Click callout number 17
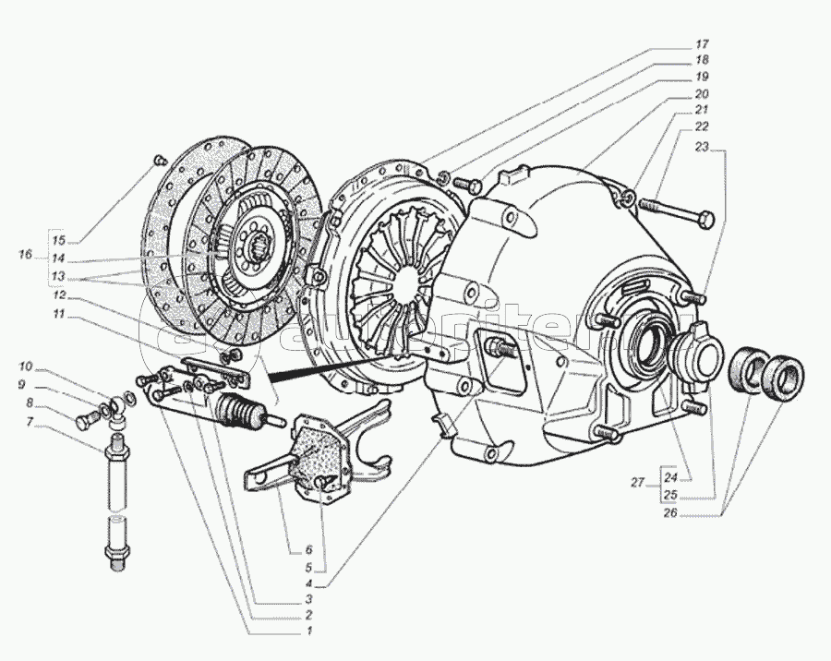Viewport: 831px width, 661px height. pyautogui.click(x=702, y=44)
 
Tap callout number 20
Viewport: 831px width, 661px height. pyautogui.click(x=702, y=94)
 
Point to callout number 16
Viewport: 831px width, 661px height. pyautogui.click(x=25, y=253)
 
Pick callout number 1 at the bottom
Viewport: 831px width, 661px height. pyautogui.click(x=309, y=631)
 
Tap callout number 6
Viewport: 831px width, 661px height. pyautogui.click(x=309, y=550)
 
